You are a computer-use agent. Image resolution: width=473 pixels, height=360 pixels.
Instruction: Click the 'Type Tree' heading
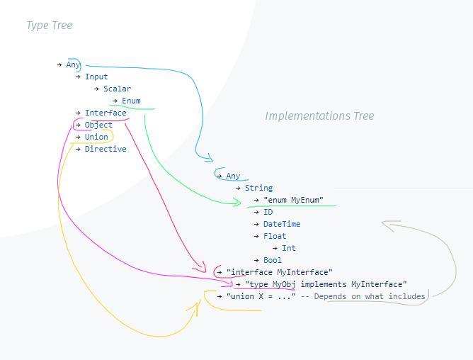(49, 26)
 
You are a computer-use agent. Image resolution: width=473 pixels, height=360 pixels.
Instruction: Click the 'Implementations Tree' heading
(319, 116)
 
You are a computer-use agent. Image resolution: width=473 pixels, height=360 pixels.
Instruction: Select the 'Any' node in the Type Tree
(73, 64)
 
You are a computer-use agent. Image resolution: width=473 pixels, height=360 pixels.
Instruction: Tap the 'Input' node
(96, 77)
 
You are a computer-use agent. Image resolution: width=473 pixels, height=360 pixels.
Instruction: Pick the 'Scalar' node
(117, 89)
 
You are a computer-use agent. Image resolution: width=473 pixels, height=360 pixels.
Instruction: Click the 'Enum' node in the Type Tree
(131, 101)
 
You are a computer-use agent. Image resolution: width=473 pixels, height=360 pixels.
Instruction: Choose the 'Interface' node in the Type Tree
(106, 113)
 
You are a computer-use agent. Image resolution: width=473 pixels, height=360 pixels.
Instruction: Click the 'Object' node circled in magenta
(98, 125)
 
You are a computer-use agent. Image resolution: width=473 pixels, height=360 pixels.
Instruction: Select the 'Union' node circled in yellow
(97, 137)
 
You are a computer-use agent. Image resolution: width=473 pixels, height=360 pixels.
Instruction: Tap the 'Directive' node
(106, 149)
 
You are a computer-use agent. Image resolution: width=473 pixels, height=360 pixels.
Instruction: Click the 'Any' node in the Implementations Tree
(233, 176)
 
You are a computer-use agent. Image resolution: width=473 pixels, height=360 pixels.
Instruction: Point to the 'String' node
(258, 188)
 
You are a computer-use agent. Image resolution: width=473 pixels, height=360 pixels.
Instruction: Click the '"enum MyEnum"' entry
(293, 200)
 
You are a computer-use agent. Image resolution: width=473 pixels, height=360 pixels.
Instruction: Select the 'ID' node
(268, 212)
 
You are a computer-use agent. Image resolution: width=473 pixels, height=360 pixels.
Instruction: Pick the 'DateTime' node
(282, 224)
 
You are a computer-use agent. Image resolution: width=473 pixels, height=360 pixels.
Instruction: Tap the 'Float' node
(275, 236)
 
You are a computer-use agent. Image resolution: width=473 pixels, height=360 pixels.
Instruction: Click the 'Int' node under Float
(289, 248)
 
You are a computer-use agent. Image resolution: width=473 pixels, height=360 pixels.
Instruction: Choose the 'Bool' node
(273, 260)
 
